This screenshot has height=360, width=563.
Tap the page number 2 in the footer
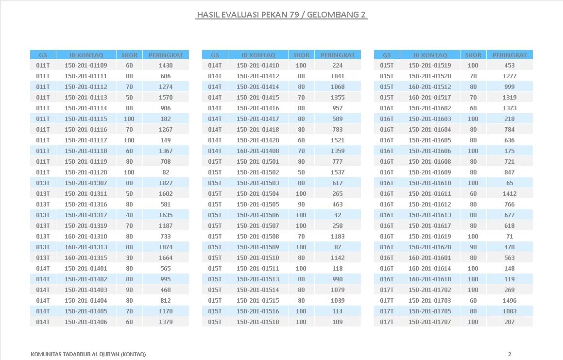tap(510, 354)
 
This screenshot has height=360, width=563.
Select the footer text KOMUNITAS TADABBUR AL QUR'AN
tap(88, 354)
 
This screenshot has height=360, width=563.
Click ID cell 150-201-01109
tap(86, 66)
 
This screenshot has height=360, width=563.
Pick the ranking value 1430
tap(166, 66)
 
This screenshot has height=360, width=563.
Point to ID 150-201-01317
tap(86, 215)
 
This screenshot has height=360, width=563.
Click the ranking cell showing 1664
tap(166, 258)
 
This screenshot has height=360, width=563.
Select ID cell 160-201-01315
tap(86, 258)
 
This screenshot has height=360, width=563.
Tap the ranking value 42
tap(338, 215)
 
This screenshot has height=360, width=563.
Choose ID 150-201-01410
tap(258, 66)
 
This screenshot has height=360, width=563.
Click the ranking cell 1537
tap(338, 172)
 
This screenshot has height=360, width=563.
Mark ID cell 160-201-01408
tap(258, 151)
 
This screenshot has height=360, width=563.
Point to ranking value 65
tap(510, 183)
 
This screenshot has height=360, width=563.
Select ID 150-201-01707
tap(430, 322)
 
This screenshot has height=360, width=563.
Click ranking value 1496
tap(510, 301)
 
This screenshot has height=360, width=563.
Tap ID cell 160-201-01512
tap(430, 87)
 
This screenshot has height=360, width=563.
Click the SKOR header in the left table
tap(129, 55)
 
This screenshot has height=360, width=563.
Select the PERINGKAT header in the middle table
tap(338, 55)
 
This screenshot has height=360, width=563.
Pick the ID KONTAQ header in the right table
tap(430, 55)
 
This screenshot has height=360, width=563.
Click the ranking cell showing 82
tap(166, 172)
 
